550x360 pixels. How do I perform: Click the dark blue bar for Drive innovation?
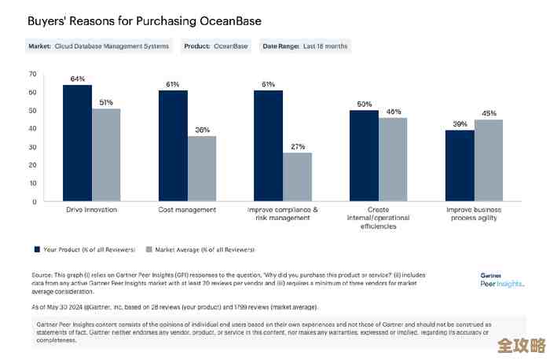(77, 143)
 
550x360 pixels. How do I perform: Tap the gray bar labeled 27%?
(297, 177)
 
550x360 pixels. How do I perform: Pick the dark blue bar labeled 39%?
(459, 165)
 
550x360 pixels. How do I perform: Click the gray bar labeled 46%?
(393, 160)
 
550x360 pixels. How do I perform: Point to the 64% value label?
(77, 79)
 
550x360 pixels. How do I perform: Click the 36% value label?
(202, 130)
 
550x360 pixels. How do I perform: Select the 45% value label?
(489, 113)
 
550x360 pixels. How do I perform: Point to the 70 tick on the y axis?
(32, 74)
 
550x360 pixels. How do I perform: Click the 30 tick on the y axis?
(32, 147)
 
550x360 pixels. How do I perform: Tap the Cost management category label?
(188, 211)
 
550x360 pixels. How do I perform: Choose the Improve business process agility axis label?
(474, 215)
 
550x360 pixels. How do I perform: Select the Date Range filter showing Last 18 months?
(304, 46)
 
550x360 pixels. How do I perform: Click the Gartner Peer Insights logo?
(501, 279)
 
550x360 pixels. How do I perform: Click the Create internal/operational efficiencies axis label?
(378, 219)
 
